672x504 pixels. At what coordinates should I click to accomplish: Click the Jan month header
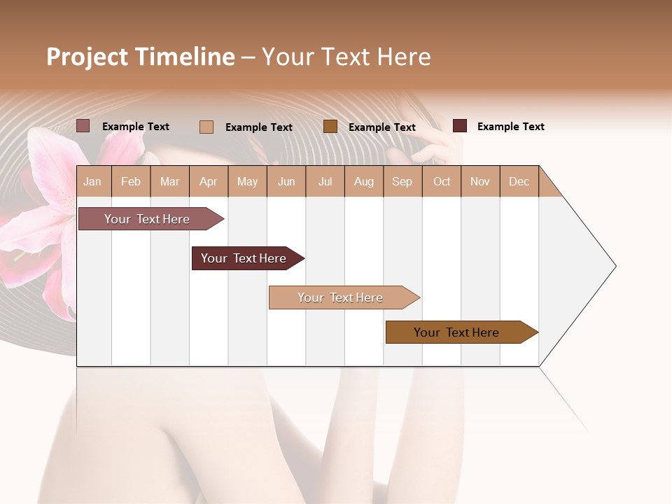[x=93, y=181]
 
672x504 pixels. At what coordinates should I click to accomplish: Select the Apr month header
[x=209, y=181]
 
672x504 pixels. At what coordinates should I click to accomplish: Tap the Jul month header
[x=325, y=181]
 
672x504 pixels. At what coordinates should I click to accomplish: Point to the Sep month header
[x=402, y=181]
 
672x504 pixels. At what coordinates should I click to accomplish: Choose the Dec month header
[x=519, y=181]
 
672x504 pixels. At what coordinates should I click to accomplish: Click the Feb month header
[x=131, y=181]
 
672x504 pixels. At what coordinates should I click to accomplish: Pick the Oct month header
[x=442, y=181]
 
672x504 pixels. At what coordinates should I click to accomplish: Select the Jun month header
[x=286, y=181]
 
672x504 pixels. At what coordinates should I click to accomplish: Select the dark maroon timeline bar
[x=245, y=258]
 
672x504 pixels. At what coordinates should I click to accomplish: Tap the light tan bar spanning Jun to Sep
[x=342, y=297]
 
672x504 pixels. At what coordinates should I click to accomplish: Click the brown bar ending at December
[x=458, y=332]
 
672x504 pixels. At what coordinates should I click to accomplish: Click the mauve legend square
[x=83, y=126]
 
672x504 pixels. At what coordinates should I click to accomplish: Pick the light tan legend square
[x=206, y=127]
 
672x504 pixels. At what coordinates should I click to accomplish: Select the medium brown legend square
[x=330, y=126]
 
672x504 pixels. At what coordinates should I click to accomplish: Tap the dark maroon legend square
[x=460, y=126]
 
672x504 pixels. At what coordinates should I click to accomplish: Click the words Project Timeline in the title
[x=140, y=57]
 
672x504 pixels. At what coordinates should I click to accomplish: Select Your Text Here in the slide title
[x=346, y=57]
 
